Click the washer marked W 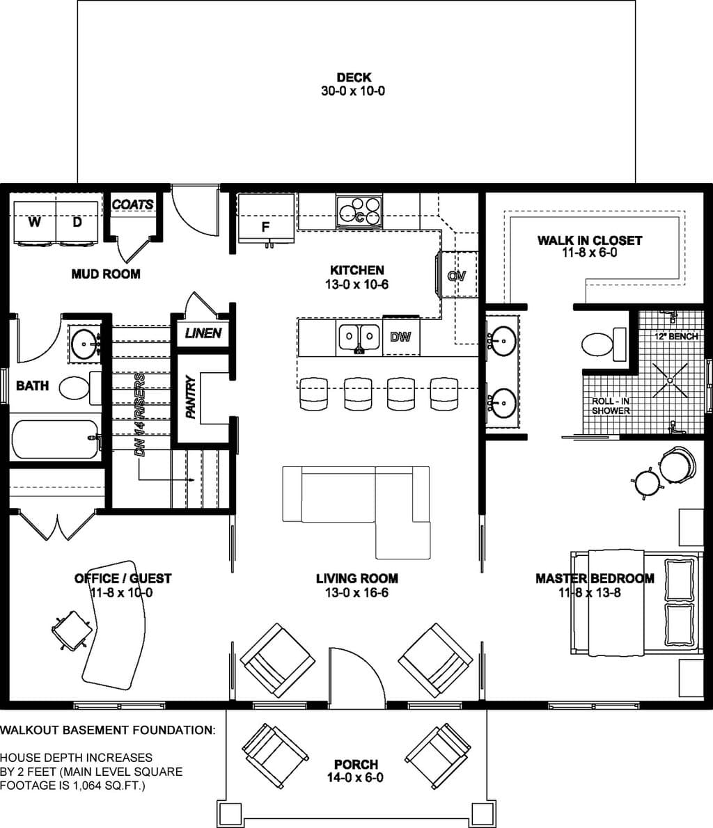pyautogui.click(x=35, y=223)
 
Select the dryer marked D pyautogui.click(x=77, y=223)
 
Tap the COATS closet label pyautogui.click(x=133, y=205)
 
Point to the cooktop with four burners pyautogui.click(x=359, y=212)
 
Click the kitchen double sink pyautogui.click(x=359, y=336)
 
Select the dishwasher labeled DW pyautogui.click(x=400, y=336)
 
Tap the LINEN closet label pyautogui.click(x=203, y=333)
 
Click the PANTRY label pyautogui.click(x=191, y=397)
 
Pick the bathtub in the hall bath pyautogui.click(x=55, y=439)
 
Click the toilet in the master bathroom pyautogui.click(x=604, y=344)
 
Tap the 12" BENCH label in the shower pyautogui.click(x=676, y=336)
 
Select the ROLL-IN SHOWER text pyautogui.click(x=611, y=406)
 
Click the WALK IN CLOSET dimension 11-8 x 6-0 pyautogui.click(x=589, y=253)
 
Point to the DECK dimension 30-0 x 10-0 pyautogui.click(x=353, y=91)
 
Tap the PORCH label pyautogui.click(x=356, y=764)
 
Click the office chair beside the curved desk pyautogui.click(x=71, y=630)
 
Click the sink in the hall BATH pyautogui.click(x=84, y=343)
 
